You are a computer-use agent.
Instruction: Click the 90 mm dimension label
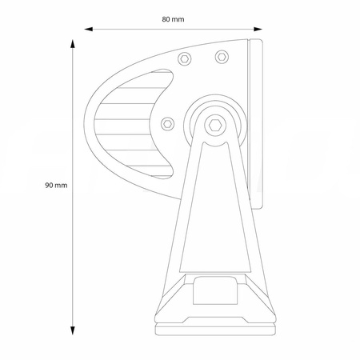click(x=55, y=184)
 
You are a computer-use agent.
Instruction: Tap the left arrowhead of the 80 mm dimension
click(x=90, y=30)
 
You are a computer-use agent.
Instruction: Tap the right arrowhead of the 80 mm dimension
click(x=258, y=30)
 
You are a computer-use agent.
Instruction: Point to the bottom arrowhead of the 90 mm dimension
click(x=72, y=329)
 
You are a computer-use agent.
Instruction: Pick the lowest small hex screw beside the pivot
click(x=168, y=122)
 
